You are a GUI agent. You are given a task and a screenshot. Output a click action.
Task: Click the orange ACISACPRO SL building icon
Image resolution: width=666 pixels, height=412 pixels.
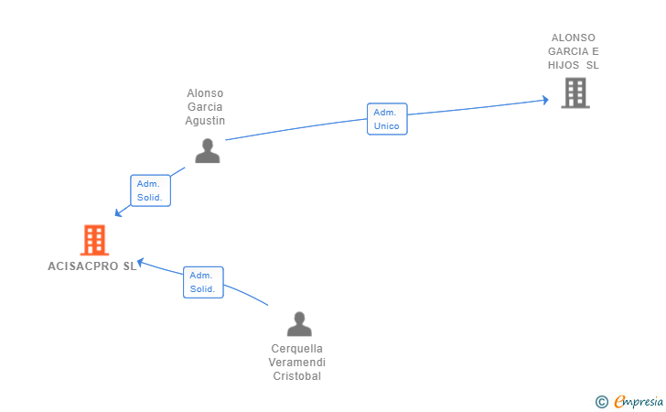point(94,240)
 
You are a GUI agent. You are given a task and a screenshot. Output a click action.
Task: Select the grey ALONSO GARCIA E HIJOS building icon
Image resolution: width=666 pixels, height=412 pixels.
point(575,92)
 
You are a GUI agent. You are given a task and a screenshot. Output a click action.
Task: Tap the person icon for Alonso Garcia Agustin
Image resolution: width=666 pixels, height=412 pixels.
point(208,151)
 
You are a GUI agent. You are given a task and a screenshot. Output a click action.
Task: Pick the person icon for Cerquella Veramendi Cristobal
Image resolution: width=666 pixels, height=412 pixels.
point(299,324)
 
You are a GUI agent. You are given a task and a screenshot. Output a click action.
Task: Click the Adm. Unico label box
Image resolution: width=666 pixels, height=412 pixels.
point(387,119)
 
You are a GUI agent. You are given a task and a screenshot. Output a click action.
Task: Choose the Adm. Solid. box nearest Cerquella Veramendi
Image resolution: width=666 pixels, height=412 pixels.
point(203,282)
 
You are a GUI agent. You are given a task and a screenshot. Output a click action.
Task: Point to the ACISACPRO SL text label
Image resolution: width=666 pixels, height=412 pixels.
point(91,266)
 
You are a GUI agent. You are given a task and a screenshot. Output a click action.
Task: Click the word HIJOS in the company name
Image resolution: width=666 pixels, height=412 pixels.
point(564,65)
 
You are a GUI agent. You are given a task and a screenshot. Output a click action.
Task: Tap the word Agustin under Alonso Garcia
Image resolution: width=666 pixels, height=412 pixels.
point(205,121)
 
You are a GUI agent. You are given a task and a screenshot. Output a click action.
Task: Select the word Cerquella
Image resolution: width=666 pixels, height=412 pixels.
point(297,349)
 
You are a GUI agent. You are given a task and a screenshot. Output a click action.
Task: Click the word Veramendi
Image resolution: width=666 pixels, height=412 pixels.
point(297,363)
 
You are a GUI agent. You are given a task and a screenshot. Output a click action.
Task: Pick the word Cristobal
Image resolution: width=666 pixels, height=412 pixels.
point(297,376)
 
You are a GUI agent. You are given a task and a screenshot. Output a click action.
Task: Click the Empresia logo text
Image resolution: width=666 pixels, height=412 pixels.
point(639,401)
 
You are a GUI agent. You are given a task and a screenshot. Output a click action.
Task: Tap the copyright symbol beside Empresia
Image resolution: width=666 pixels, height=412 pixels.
point(601,401)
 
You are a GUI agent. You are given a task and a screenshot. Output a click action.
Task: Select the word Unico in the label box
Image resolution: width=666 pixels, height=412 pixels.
point(387,126)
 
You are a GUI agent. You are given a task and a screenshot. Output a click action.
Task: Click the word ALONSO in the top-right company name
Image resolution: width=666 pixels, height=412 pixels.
point(574,38)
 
